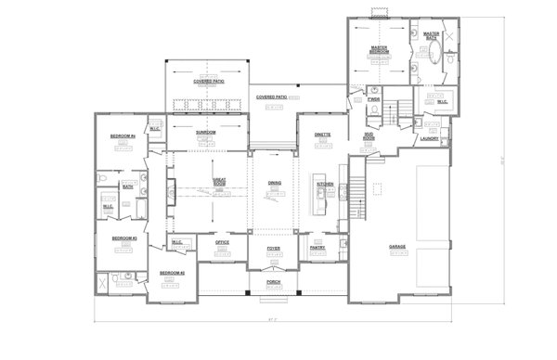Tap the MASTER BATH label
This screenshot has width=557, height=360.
[x=432, y=36]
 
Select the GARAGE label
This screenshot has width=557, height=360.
[x=397, y=247]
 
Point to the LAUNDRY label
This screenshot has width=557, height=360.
[x=428, y=139]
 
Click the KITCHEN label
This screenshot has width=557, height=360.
[x=325, y=184]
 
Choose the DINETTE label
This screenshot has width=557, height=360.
[x=323, y=134]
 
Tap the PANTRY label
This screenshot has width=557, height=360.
[x=317, y=247]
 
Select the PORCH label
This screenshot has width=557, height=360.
[x=274, y=281]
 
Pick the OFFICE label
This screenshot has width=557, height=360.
[x=222, y=242]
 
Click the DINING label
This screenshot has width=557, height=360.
[x=275, y=184]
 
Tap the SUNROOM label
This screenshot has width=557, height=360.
[x=205, y=134]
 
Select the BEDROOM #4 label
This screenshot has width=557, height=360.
[x=123, y=137]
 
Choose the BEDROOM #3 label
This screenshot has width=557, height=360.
[x=124, y=238]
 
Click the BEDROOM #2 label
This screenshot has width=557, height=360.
[x=172, y=273]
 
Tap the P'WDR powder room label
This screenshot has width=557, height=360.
[x=374, y=98]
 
